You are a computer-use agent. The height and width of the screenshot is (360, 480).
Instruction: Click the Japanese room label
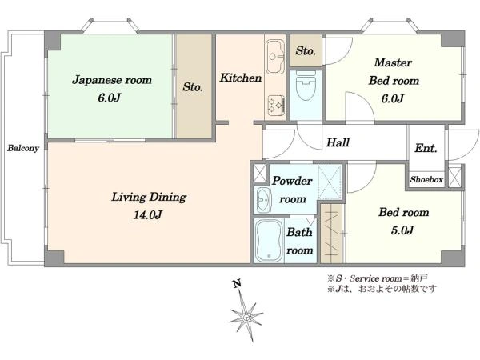click(x=112, y=80)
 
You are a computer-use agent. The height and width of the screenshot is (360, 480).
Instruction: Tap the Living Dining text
click(x=149, y=197)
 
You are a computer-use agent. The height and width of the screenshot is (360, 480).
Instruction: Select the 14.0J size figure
click(x=147, y=214)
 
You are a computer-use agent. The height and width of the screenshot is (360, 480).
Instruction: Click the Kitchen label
click(x=241, y=78)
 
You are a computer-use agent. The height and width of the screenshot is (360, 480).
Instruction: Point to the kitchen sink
click(x=274, y=56)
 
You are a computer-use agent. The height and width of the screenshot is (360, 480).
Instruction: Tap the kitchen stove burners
click(x=276, y=106)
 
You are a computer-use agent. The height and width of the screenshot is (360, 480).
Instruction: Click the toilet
click(x=306, y=86)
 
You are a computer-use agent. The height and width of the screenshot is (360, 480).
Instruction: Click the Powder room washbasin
click(x=263, y=200)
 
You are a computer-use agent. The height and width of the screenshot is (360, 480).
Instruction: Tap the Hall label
click(x=338, y=142)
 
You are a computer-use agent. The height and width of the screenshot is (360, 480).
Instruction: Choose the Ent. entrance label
click(x=426, y=148)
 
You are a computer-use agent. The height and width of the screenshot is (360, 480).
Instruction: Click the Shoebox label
click(x=426, y=179)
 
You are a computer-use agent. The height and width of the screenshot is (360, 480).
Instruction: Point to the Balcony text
click(x=23, y=149)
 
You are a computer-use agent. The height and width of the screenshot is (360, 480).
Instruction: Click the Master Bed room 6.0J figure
click(x=393, y=98)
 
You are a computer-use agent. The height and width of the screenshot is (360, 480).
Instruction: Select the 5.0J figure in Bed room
click(x=402, y=230)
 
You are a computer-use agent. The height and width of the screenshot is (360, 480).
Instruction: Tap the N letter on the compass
click(x=237, y=284)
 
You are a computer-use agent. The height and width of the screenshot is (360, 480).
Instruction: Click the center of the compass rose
click(x=246, y=317)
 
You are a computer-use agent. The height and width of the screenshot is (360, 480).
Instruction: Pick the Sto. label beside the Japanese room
click(x=193, y=87)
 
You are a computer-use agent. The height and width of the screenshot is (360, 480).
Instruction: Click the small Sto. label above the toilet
click(x=306, y=51)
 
